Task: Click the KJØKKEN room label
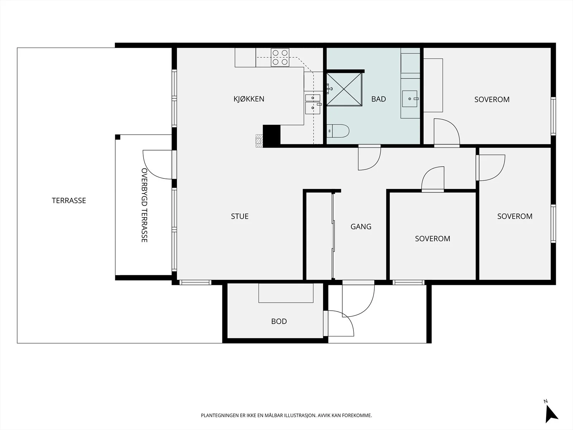click(249, 99)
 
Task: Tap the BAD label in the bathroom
click(379, 99)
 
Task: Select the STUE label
click(240, 216)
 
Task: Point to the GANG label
click(361, 226)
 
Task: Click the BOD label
click(279, 321)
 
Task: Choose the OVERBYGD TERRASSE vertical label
click(144, 205)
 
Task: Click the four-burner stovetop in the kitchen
click(280, 57)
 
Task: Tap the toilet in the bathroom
click(338, 131)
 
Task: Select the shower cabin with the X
click(344, 89)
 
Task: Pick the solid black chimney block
click(271, 136)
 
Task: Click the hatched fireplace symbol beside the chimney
click(259, 141)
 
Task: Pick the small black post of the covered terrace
click(118, 137)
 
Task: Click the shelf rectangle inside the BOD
click(286, 293)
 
